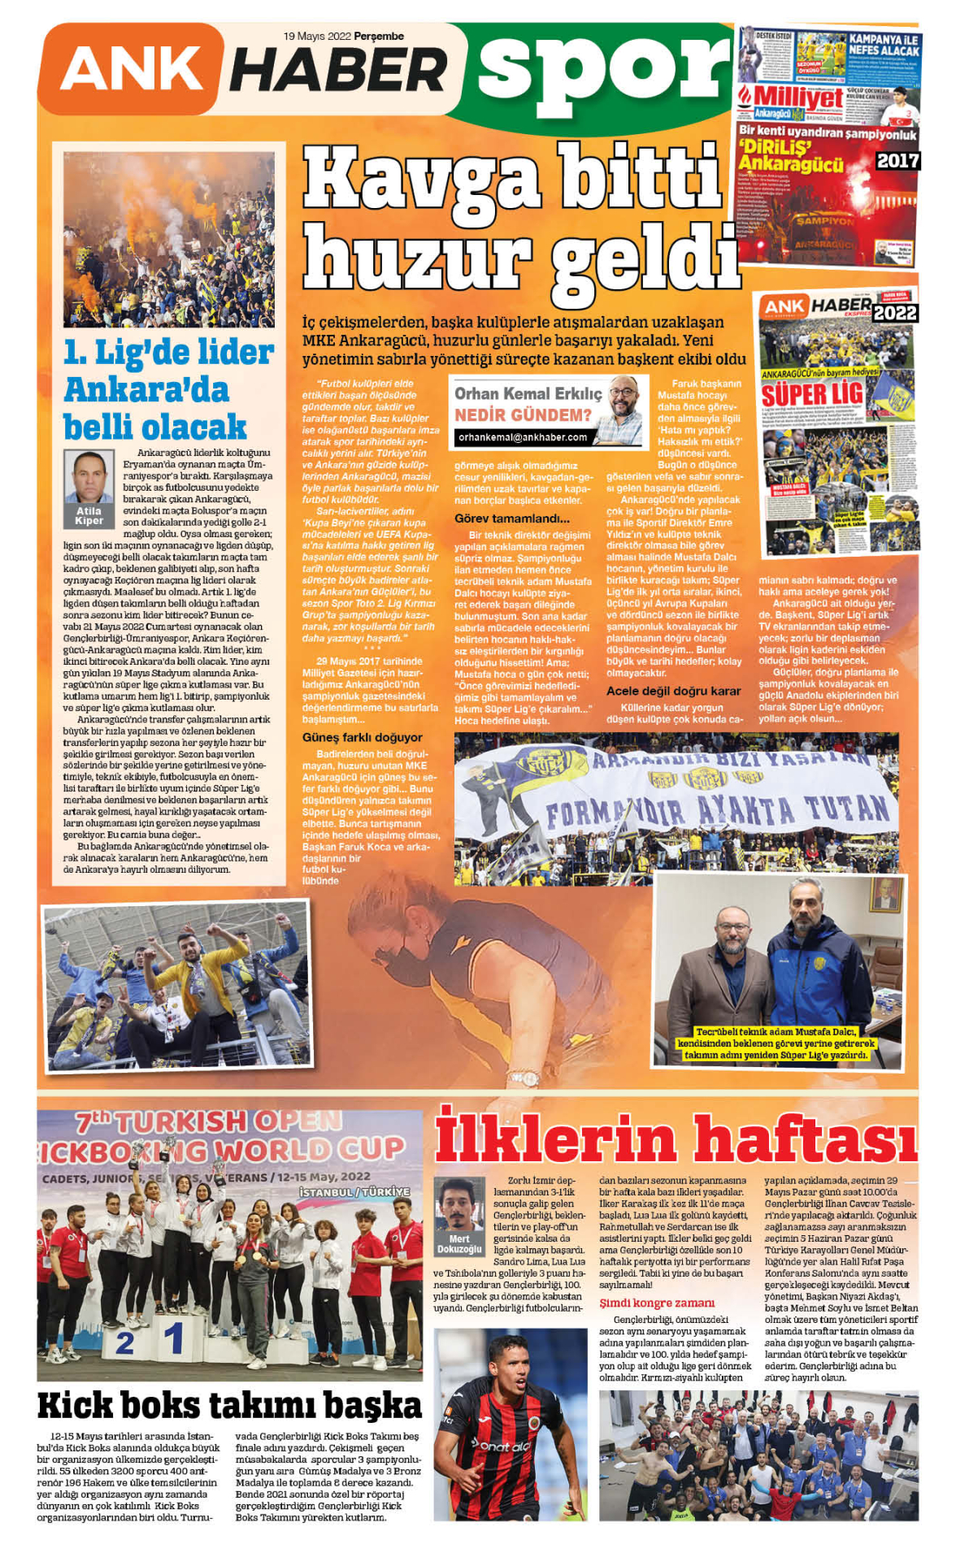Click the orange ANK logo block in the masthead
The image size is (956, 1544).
pos(130,68)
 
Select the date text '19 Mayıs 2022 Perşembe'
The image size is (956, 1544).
pos(343,36)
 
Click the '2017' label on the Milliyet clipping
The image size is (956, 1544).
pos(897,161)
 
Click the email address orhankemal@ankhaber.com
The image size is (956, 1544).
pos(522,437)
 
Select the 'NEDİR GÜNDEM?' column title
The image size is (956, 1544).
pos(523,415)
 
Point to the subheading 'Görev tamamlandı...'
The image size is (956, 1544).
pos(512,518)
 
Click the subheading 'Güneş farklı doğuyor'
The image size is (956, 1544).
pos(362,737)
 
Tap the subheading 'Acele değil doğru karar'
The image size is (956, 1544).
pos(673,691)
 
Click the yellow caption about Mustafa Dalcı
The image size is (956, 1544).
pos(776,1043)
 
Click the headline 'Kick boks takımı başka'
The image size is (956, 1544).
pos(229,1405)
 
